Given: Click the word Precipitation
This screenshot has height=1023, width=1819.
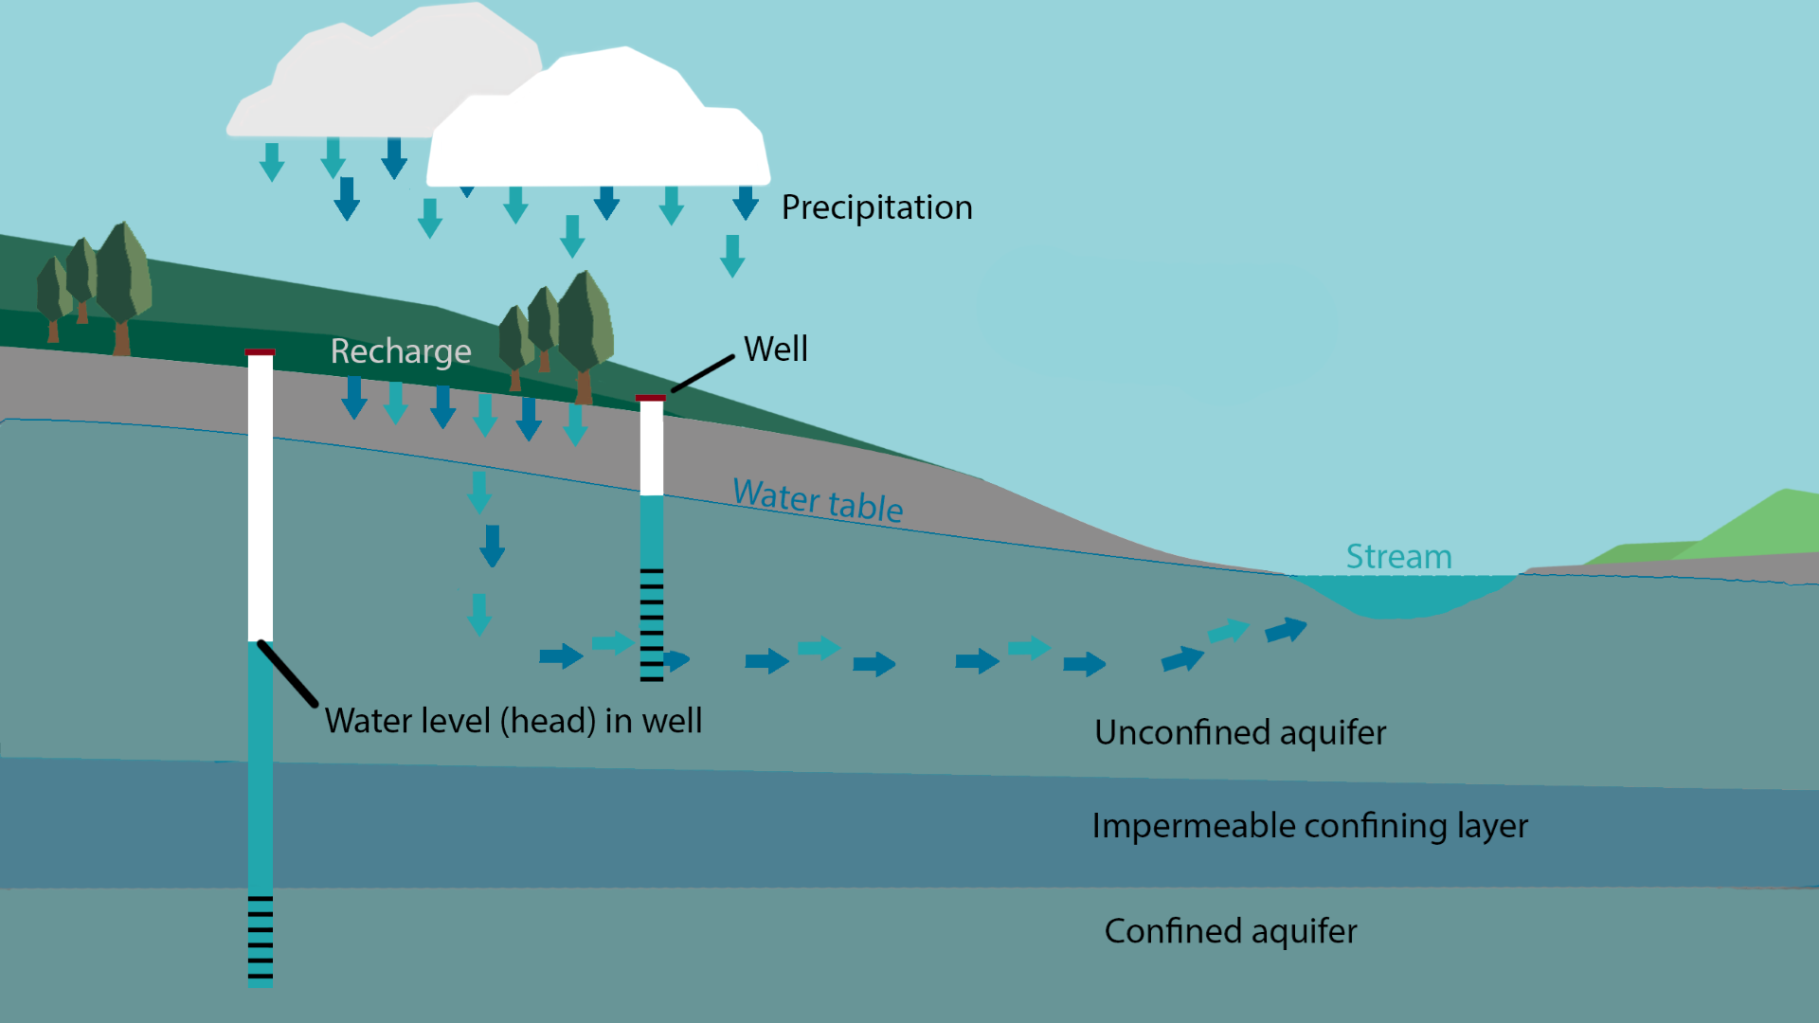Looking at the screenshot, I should pos(876,207).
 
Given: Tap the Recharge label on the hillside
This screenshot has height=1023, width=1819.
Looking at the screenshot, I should pos(401,351).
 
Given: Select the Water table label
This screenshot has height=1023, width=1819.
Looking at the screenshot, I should pos(818,499).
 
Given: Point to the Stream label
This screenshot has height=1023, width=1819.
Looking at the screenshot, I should pos(1398,557).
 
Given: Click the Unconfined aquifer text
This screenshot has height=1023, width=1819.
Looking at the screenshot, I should pos(1239,732).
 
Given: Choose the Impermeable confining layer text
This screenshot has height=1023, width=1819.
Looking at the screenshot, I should pos(1309,826).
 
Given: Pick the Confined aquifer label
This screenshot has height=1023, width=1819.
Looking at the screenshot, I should pos(1230,931).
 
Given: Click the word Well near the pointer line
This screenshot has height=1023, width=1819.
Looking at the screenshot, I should pos(776,349).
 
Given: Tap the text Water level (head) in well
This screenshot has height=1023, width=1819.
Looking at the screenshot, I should pos(513,721).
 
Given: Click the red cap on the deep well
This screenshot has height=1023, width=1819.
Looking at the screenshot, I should pos(261,352).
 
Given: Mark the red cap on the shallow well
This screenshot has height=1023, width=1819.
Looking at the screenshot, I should pos(651,398).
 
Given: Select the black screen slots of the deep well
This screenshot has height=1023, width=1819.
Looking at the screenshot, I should pos(261,937).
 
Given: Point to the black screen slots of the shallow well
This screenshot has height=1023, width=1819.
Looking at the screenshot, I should pos(652,625).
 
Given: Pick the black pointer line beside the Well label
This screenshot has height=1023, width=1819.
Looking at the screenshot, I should pos(703,373).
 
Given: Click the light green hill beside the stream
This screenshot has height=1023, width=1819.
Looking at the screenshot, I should pos(1753,526).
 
